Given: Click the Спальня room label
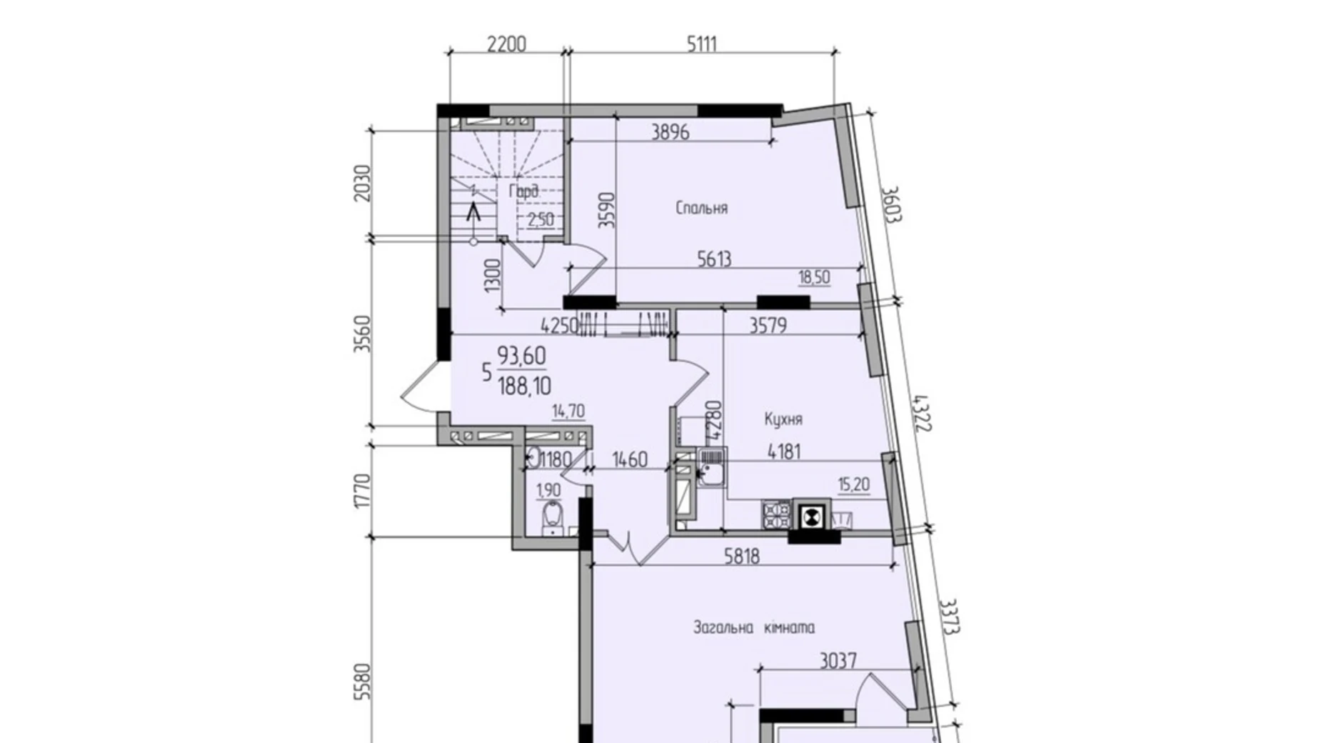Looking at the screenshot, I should coord(701,208).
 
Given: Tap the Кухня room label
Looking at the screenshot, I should coord(783,419).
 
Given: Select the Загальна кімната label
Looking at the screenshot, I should coord(753,628).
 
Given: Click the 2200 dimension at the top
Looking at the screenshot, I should coord(506,44).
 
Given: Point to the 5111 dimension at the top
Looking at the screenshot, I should coord(701,44).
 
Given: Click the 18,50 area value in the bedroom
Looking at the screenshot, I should coord(814,277).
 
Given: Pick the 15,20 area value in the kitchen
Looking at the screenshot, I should coord(853,485).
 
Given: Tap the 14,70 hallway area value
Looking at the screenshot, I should coord(568,412).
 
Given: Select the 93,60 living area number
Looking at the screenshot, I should coord(521,355).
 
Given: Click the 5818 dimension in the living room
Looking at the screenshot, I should coord(742,557).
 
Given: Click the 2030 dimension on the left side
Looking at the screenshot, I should coord(363,184).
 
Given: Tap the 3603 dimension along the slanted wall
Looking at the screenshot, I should coord(890,204).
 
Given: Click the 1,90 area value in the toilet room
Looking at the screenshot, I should coord(548,490).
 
